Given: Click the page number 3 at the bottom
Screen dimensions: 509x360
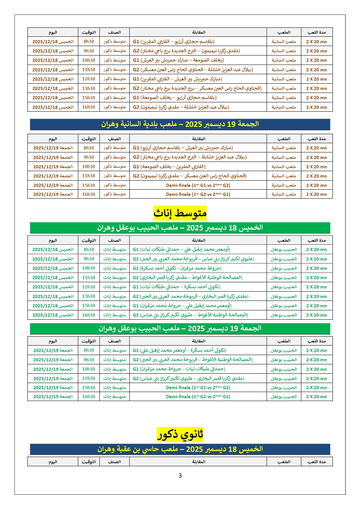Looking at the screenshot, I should click(x=180, y=476).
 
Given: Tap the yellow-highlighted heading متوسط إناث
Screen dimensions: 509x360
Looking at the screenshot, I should click(x=180, y=214).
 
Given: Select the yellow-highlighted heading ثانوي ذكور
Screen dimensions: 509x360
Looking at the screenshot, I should click(x=180, y=434).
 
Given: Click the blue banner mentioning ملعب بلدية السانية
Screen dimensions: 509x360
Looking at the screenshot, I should click(x=180, y=124).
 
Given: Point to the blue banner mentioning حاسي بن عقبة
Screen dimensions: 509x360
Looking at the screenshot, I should click(x=180, y=449).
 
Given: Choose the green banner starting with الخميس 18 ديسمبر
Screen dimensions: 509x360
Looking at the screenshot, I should click(x=180, y=228).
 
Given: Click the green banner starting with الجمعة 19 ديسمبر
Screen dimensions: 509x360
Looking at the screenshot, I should click(x=180, y=328).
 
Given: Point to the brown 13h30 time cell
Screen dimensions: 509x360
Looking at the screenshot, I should click(x=89, y=88).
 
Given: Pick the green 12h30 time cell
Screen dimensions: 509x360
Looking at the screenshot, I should click(x=89, y=287).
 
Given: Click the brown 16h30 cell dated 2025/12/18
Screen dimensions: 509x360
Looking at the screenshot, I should click(x=89, y=107).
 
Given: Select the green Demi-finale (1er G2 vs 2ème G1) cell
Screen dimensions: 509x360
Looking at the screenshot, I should click(x=198, y=397).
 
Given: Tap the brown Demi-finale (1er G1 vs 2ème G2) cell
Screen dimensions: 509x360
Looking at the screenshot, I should click(x=198, y=185).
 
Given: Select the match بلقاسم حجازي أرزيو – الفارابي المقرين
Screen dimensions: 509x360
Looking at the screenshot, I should click(x=174, y=41).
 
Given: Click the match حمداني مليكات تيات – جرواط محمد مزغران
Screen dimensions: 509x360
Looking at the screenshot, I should click(x=179, y=369).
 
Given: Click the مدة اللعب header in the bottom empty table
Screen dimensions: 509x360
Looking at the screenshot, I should click(x=316, y=462).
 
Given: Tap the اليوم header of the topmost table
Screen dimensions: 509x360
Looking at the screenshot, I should click(x=53, y=32).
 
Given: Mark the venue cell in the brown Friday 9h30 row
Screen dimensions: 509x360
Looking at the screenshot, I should click(x=284, y=157).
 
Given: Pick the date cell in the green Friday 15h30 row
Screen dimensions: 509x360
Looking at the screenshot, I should click(x=53, y=387).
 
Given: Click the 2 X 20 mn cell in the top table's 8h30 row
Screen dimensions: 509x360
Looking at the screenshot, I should click(x=316, y=41).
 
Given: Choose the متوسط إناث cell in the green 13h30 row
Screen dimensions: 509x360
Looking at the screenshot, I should click(x=114, y=296).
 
